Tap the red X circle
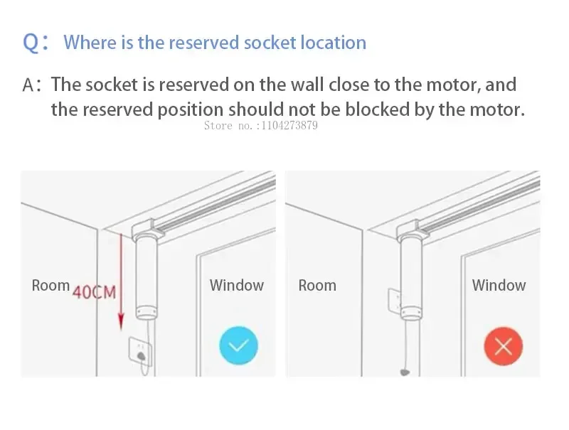click(x=504, y=346)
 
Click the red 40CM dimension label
click(x=94, y=292)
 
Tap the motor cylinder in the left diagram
click(x=146, y=274)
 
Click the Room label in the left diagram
click(x=50, y=286)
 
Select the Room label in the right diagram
click(x=317, y=286)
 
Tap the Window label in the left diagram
click(x=236, y=286)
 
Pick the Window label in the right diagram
click(x=499, y=286)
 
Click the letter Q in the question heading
click(x=32, y=43)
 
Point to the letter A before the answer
click(x=29, y=86)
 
